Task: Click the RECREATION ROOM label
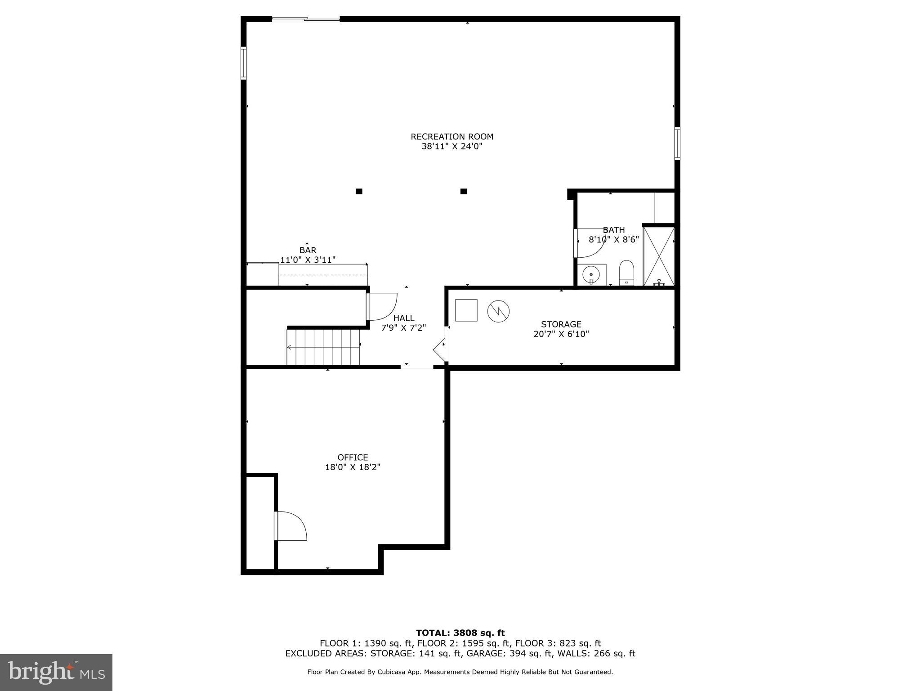tap(452, 136)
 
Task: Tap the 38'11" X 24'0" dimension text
tap(452, 147)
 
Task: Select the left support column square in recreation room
tap(359, 191)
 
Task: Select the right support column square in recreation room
tap(464, 191)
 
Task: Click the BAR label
tap(308, 250)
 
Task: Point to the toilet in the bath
tap(626, 273)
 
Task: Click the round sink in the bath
tap(591, 274)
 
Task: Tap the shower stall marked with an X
tap(659, 256)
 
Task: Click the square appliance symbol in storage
tap(466, 310)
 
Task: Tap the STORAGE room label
tap(561, 324)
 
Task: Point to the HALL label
tap(403, 318)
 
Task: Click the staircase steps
tap(323, 347)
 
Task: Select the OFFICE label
tap(353, 457)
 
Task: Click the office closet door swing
tap(291, 526)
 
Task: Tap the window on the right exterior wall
tap(677, 144)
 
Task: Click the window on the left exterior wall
tap(244, 63)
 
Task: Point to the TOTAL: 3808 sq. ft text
tap(460, 633)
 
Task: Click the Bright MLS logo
tap(56, 672)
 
